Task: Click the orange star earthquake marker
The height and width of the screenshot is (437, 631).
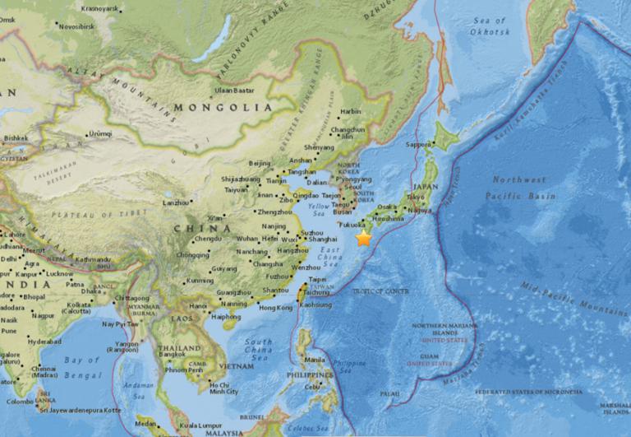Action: [363, 238]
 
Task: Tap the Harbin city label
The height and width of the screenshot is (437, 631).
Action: [350, 111]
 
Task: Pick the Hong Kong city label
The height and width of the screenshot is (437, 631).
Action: [275, 308]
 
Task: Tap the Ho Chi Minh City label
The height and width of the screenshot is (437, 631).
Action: [218, 388]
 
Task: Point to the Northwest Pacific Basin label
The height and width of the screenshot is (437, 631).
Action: [520, 188]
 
